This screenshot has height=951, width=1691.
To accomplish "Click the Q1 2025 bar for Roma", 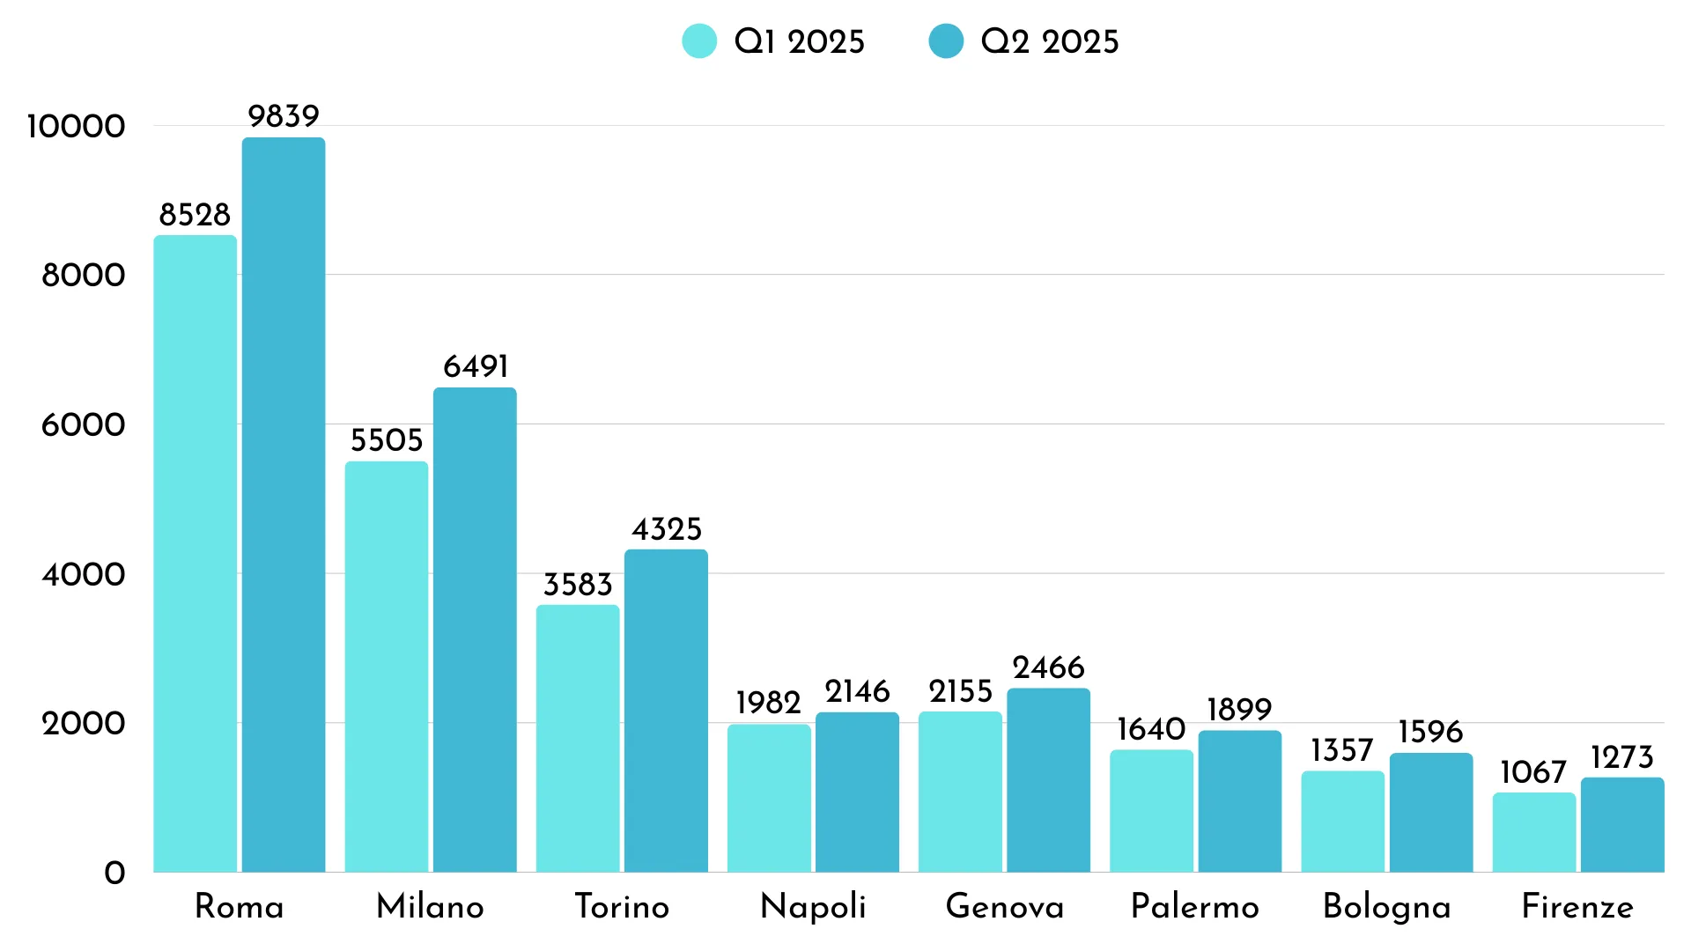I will (x=195, y=555).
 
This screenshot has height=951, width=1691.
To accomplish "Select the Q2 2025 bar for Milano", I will (x=475, y=630).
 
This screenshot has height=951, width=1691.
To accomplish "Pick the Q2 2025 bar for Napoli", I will (x=857, y=792).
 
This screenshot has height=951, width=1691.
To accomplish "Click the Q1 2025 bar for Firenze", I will (x=1533, y=832).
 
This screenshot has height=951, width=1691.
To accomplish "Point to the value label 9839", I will (x=283, y=116).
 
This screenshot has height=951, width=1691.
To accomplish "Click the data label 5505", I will (x=387, y=440).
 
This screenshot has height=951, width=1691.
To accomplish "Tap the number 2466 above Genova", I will (x=1048, y=667).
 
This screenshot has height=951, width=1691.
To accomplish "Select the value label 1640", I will (x=1150, y=729).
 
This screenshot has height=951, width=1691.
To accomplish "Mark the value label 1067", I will (x=1532, y=772).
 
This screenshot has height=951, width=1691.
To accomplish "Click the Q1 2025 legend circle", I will (x=699, y=41).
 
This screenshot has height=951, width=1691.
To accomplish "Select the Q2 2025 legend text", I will (x=1049, y=41).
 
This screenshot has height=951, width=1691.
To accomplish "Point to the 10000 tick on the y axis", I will (x=76, y=126).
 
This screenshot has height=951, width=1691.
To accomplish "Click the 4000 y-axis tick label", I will (x=83, y=574).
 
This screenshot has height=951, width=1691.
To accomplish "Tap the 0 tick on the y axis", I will (x=114, y=873).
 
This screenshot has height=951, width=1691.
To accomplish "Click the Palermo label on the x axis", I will (x=1194, y=906).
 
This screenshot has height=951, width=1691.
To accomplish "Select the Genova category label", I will (x=1004, y=906).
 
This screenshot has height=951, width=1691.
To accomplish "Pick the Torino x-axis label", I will (x=622, y=906).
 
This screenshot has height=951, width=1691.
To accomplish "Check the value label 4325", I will (x=667, y=529).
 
